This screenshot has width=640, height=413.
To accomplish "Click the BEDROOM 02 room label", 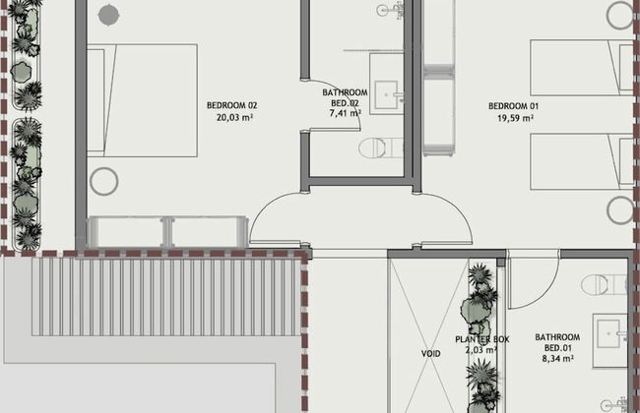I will coord(231,105).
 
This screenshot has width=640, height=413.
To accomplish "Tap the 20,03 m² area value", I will coord(232,117).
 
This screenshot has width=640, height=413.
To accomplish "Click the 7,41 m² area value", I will coord(345,113).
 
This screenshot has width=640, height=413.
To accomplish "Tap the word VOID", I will coord(430,352).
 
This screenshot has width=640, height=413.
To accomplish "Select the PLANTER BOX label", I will coord(481,339).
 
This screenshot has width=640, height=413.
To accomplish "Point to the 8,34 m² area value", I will coord(557,359).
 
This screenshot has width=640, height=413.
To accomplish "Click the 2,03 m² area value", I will coord(482,349).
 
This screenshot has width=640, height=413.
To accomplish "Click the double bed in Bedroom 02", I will coord(142,99).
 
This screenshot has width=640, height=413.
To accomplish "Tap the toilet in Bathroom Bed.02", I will coord(378,148).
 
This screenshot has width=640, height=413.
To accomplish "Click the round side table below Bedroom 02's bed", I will coord(103,181).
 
